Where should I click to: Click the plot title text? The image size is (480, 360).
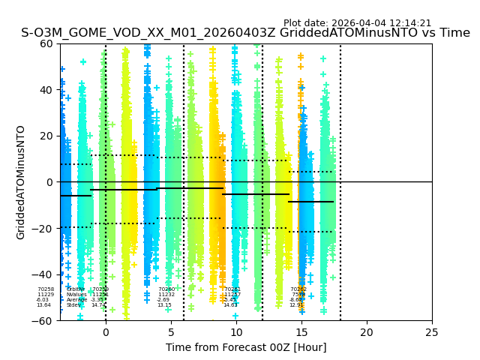coord(245,33)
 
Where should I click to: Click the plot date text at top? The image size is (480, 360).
coord(357,23)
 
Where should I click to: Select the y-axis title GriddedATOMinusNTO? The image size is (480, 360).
coord(21,182)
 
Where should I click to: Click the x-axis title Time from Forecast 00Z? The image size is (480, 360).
coord(246,347)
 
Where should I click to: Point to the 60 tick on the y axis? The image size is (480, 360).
coord(46,43)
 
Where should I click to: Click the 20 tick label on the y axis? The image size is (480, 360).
coord(46,136)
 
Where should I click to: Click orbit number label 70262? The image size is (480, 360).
coord(298,289)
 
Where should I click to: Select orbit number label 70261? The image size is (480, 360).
coord(232,289)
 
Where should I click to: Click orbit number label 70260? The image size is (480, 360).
coord(166,289)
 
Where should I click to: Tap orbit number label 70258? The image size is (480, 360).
coord(46,289)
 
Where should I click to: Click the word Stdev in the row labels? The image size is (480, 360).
coord(73,305)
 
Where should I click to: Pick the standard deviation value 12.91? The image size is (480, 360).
coord(297,305)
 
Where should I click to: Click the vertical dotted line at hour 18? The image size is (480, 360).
coord(340,180)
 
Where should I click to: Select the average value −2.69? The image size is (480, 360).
coord(163,300)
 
